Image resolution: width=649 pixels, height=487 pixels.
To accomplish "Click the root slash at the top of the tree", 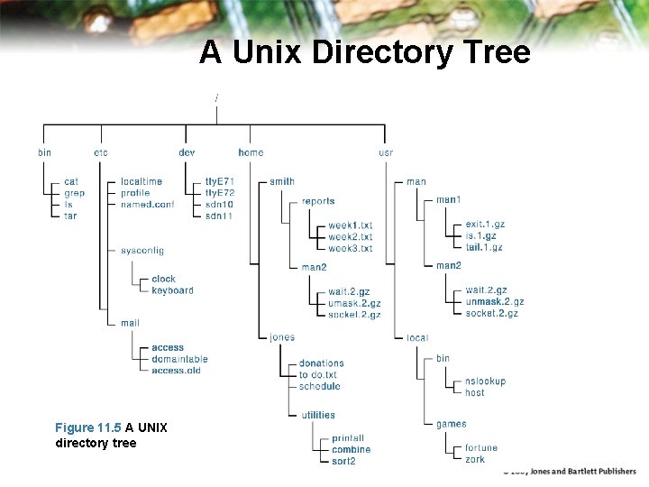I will tap(216, 96).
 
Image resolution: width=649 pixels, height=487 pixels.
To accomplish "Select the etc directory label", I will tap(101, 152).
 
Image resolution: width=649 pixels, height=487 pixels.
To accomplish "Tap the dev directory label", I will tap(187, 152).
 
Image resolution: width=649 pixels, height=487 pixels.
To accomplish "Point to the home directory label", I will tap(251, 152).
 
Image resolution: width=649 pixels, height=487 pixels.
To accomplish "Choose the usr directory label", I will tap(386, 152).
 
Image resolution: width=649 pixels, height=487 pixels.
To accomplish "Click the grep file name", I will tap(75, 193).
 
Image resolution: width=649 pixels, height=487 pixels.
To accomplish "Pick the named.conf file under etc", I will tap(147, 205).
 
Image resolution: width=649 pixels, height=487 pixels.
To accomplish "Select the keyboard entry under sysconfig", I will tap(172, 290).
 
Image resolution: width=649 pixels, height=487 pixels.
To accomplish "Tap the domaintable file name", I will tap(179, 359).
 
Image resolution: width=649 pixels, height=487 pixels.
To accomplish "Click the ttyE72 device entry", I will tap(220, 193).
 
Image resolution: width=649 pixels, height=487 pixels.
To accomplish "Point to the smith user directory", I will tap(282, 181).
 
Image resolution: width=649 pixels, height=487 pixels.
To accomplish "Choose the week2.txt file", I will tap(350, 236).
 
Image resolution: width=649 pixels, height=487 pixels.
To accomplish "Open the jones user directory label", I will tap(282, 337).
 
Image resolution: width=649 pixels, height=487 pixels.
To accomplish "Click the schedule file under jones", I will tap(320, 386).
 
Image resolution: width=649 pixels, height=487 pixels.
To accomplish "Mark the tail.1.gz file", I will tap(484, 247).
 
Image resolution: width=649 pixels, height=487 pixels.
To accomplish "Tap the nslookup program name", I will tap(485, 381).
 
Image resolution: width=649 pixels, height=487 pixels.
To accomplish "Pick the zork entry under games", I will tap(475, 460).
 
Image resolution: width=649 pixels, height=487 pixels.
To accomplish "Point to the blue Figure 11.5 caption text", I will tap(87, 427).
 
